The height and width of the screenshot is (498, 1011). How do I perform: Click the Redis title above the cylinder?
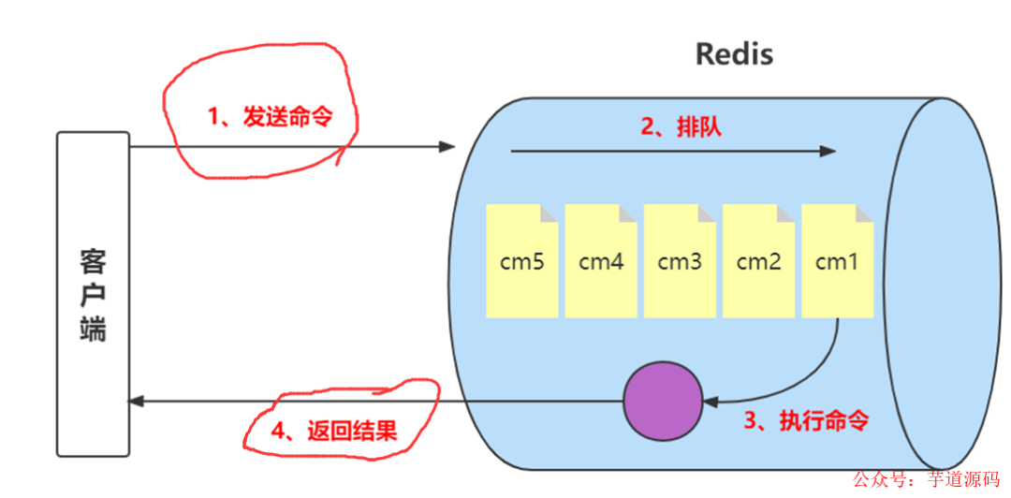coord(734,54)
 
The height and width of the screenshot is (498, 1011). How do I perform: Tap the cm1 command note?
coord(837,262)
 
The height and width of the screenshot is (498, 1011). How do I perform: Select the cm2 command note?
coord(758,262)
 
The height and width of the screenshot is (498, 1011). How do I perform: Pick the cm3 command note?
coord(680,262)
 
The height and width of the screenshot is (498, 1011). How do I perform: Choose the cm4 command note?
coord(601,262)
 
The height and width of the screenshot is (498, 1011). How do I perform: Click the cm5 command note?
coord(522,262)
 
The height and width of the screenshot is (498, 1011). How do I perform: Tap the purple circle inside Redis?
coord(663,402)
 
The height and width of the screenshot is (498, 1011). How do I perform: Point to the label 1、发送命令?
coord(270,117)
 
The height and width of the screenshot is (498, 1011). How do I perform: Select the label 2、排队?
coord(681,128)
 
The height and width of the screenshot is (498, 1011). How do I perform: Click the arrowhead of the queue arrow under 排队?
coord(827,151)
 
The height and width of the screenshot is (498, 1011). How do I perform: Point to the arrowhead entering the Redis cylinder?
coord(447,146)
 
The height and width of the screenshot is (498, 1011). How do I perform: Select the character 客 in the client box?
coord(93,259)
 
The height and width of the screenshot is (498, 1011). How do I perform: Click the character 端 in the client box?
coord(93,330)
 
